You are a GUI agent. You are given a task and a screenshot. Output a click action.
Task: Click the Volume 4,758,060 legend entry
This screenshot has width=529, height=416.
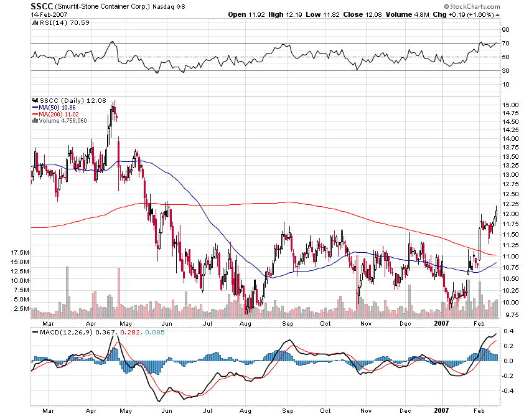point(63,120)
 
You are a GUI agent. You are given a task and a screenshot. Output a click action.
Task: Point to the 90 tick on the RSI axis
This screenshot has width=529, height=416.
point(506,29)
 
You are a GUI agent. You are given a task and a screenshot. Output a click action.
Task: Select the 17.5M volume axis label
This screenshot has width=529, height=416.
point(21,253)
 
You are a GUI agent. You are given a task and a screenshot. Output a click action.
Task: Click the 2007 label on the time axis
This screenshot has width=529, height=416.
point(442,323)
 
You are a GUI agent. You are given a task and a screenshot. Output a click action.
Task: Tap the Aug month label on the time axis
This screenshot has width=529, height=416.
point(245,323)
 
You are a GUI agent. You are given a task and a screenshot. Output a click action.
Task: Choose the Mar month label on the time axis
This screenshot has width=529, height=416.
point(47,323)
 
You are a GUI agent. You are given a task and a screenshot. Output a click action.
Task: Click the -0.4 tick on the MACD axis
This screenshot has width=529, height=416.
point(508,391)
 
